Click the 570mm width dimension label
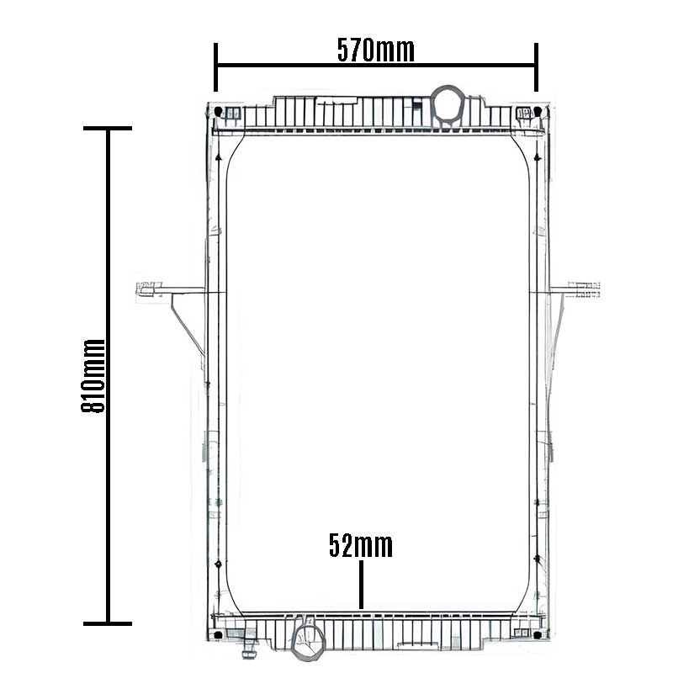click(x=375, y=50)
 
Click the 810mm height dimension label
click(x=93, y=375)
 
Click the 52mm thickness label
click(x=361, y=545)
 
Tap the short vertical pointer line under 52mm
click(x=362, y=585)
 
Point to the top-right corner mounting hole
click(x=538, y=112)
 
